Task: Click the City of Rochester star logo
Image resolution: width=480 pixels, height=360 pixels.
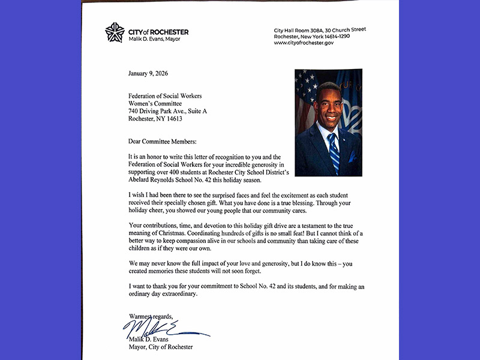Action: [115, 32]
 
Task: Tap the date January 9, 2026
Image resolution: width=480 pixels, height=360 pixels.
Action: [148, 74]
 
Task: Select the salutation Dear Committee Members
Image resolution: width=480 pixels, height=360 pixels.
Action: [162, 142]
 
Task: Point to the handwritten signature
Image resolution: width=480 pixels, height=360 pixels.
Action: [162, 329]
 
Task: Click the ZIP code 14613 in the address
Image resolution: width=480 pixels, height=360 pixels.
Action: [174, 119]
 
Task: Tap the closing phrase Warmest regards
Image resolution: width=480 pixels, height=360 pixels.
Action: [151, 316]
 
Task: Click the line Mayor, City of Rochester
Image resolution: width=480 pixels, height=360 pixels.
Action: [161, 347]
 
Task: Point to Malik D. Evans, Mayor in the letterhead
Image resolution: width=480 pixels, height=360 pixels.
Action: [154, 40]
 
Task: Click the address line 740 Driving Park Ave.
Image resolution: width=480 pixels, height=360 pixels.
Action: [167, 111]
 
